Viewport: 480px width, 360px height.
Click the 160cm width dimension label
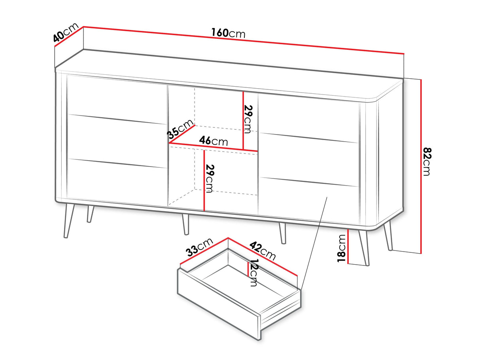[228, 33]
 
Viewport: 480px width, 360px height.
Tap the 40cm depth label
[66, 32]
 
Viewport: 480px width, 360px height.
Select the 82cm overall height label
[427, 161]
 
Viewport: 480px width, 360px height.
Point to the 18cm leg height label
[341, 248]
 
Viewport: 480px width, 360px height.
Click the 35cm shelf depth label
[180, 129]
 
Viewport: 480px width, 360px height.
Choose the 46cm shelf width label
[213, 141]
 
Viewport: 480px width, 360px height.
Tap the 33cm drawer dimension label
[200, 247]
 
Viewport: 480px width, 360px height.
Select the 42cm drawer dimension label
[263, 250]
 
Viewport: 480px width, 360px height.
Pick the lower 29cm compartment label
[210, 178]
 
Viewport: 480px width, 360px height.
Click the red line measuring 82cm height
[421, 167]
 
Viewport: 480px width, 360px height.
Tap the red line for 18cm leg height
[348, 247]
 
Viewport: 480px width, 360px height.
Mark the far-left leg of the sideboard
[69, 221]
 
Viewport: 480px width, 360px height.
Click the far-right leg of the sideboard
[388, 235]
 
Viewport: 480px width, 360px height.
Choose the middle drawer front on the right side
[309, 159]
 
